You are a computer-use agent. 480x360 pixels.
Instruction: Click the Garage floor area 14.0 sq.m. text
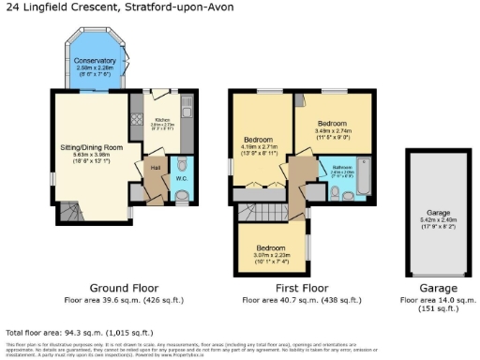click(x=438, y=300)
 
